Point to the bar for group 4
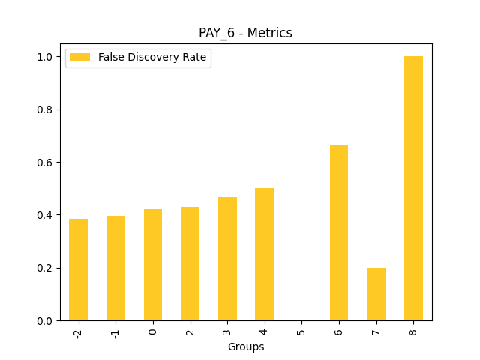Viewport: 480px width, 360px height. point(264,254)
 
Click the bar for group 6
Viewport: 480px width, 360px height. point(339,232)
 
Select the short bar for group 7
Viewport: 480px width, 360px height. point(376,294)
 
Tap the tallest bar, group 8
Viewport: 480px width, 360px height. point(413,188)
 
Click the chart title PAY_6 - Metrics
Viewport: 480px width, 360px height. point(245,33)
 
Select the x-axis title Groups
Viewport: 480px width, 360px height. point(245,346)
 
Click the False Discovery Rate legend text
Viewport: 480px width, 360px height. point(152,58)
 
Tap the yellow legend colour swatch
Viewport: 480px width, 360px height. point(79,58)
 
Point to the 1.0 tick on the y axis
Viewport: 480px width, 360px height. point(46,57)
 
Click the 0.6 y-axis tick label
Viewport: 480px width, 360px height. point(46,163)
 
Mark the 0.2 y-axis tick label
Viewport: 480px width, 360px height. point(46,268)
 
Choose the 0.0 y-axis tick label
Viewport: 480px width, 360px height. point(46,321)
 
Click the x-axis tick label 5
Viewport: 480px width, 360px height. point(301,330)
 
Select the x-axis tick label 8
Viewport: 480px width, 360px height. point(413,330)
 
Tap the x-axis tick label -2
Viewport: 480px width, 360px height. point(78,332)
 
